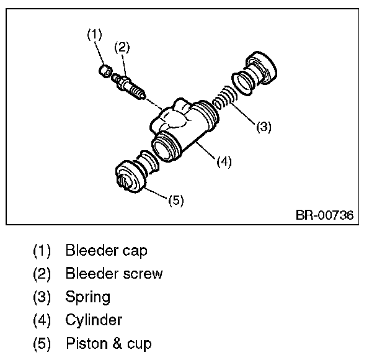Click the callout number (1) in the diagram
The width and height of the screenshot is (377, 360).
point(94,35)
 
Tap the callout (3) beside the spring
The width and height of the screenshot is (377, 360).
point(264,127)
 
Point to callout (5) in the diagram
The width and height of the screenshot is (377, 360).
point(175,200)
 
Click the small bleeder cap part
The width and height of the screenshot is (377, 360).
point(105,69)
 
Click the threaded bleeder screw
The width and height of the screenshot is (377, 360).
point(131,86)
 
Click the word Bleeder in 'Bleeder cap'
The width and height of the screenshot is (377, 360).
point(87,251)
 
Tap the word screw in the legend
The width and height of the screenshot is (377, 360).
point(144,274)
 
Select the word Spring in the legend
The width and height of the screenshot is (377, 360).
point(87,297)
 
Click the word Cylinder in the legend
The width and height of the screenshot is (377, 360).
point(93,320)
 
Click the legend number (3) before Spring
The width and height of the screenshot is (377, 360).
point(42,297)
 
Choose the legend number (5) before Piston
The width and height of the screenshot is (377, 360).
point(42,343)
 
